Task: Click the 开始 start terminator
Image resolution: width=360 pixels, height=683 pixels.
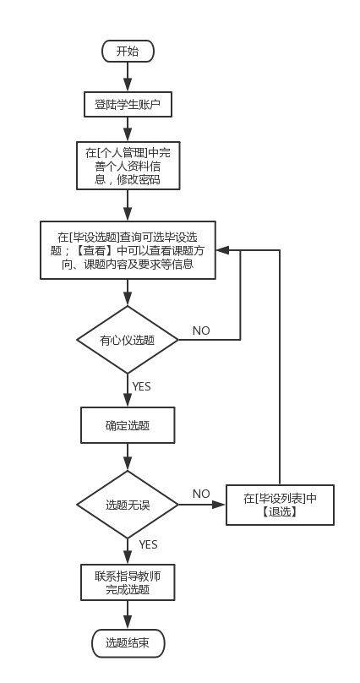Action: [x=128, y=52]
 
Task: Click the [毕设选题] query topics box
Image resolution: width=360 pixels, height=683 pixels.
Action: [x=128, y=249]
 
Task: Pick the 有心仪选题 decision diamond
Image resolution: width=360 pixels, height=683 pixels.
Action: [x=128, y=341]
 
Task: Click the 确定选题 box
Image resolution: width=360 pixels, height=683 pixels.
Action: [x=128, y=425]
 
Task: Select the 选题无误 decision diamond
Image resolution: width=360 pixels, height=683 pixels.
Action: [x=128, y=505]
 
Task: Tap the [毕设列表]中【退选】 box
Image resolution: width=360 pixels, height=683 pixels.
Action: [x=280, y=505]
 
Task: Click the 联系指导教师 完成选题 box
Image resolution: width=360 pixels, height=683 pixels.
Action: [x=128, y=582]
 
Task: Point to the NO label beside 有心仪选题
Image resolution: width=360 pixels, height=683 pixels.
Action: [x=201, y=330]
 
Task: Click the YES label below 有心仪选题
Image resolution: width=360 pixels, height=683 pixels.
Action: [x=142, y=386]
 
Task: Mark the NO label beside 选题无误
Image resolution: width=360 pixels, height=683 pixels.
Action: [x=201, y=494]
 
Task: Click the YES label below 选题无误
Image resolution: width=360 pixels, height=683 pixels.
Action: [x=147, y=544]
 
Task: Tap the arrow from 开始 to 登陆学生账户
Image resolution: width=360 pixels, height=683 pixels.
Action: [x=128, y=76]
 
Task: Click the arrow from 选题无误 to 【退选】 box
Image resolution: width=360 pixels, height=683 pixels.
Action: [x=203, y=505]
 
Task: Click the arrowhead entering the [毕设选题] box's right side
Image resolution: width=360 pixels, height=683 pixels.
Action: [x=222, y=250]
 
